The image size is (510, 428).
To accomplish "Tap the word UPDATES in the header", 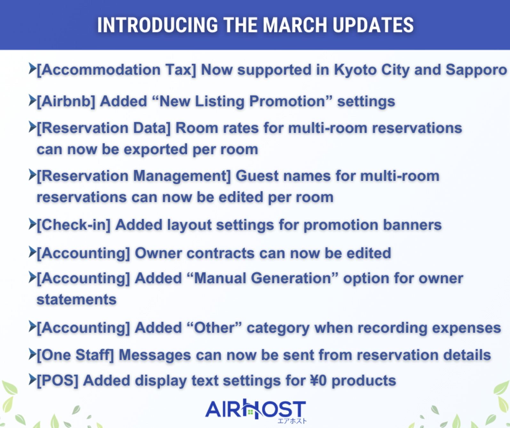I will [x=373, y=25].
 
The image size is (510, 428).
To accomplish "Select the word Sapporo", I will [x=476, y=70].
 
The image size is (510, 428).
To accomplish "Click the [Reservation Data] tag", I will [x=104, y=128].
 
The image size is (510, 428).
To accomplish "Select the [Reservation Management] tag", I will [x=134, y=176].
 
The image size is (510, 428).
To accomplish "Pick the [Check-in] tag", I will [x=74, y=225].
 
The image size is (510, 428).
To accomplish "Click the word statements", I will [x=76, y=300].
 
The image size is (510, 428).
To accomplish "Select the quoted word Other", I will [x=214, y=328].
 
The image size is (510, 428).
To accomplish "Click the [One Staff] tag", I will [x=76, y=355].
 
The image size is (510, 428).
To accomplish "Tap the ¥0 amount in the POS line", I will [x=318, y=381].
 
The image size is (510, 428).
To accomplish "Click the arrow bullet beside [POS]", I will [x=32, y=379].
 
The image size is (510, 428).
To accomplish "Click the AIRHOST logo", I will [x=256, y=410].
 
